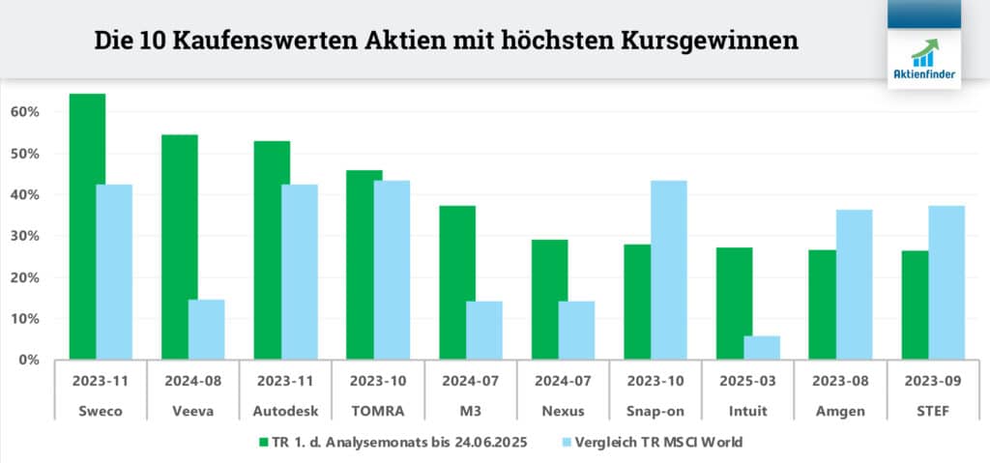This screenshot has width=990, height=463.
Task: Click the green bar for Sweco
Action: [x=87, y=226]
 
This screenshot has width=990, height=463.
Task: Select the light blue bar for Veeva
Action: [x=206, y=330]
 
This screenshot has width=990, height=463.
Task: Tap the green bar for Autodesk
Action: [x=272, y=250]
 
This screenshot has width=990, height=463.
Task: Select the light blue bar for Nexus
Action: [x=576, y=330]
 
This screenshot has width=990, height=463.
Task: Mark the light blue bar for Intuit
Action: [x=762, y=347]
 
